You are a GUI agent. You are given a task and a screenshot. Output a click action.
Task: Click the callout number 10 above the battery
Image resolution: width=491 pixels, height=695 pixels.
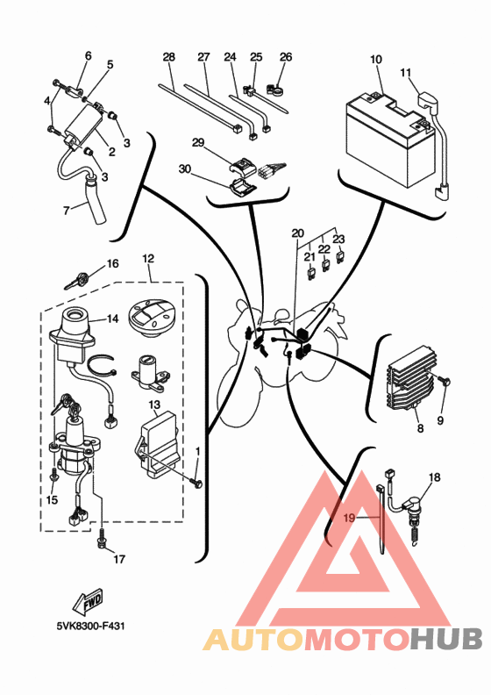coord(376,60)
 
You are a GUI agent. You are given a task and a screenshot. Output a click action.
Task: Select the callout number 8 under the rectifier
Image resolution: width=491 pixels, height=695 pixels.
coord(420,427)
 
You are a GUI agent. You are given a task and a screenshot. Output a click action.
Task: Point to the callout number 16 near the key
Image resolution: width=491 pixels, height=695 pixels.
coord(112,264)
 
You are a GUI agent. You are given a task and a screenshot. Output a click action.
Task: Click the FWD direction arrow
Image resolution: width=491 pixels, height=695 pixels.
coord(88,601)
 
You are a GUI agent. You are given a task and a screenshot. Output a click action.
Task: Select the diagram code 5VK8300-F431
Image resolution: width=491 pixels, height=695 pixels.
coord(91,627)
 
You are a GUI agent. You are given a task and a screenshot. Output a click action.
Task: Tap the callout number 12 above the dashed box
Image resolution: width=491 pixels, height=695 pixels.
coord(148,258)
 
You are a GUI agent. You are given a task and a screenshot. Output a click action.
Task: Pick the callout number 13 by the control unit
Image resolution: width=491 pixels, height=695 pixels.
coord(154,405)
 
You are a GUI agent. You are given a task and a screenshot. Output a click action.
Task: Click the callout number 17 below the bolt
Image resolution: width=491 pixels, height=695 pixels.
coord(119,559)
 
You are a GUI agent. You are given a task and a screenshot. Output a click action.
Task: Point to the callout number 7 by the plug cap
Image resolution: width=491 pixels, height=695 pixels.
coord(66,210)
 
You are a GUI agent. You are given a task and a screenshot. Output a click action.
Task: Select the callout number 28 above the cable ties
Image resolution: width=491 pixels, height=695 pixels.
coord(168,57)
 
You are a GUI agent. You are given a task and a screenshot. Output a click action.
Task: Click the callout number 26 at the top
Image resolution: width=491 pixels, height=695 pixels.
coord(286,57)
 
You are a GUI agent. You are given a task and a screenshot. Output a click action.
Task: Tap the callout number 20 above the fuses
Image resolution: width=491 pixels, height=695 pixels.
coord(298,233)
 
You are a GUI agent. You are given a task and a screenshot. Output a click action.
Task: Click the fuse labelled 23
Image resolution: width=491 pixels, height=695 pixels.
coord(340,258)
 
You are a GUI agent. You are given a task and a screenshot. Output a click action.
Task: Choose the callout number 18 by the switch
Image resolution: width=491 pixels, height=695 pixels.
coord(435,477)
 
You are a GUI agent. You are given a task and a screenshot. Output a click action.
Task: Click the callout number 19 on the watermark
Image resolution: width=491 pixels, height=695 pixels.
coord(349,517)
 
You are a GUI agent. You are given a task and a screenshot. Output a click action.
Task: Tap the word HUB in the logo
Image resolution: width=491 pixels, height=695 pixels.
coord(445,639)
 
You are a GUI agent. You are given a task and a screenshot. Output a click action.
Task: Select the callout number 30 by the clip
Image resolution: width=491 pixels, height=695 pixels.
coord(185,168)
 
